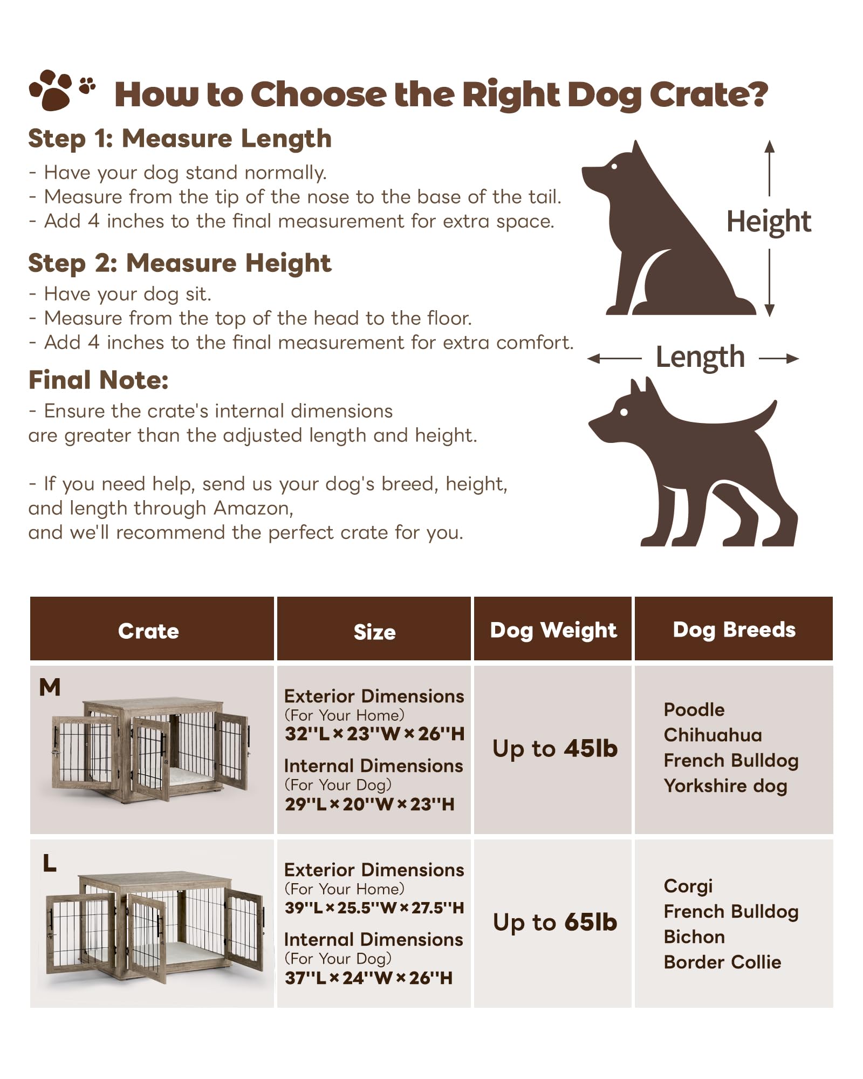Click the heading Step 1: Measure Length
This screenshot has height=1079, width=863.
click(x=180, y=139)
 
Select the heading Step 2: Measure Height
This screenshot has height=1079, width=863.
click(x=180, y=263)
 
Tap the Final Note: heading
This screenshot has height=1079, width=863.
click(x=98, y=380)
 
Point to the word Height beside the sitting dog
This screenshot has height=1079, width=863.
click(x=768, y=222)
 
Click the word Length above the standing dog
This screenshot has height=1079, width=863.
click(x=700, y=358)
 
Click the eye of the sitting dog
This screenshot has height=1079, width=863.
click(x=614, y=167)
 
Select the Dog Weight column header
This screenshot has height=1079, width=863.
click(x=553, y=630)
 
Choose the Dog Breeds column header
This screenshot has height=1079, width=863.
click(x=734, y=630)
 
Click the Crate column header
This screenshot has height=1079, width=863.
click(x=148, y=631)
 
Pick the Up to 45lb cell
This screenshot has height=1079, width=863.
click(x=554, y=749)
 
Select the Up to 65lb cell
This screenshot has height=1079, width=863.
click(x=554, y=923)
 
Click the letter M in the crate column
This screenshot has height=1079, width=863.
click(x=50, y=687)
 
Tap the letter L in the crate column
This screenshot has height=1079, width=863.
click(x=50, y=864)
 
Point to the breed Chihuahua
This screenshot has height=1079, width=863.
click(x=713, y=735)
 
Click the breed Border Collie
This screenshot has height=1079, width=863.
click(x=722, y=962)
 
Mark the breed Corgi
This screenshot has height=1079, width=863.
click(x=688, y=886)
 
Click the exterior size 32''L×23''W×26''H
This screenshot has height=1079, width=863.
click(x=374, y=734)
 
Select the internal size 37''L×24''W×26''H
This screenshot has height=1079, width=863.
click(x=369, y=978)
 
